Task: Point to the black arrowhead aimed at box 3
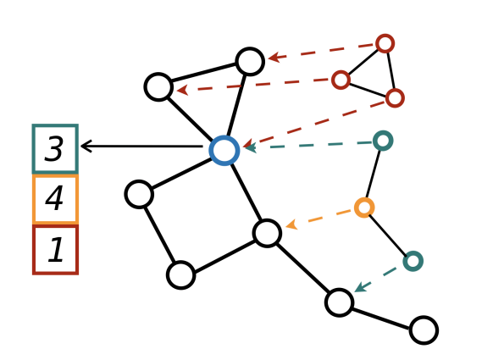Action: pos(86,147)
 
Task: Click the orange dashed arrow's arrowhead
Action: pos(291,224)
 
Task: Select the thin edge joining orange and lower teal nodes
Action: pos(388,235)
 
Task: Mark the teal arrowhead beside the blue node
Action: pos(251,147)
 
